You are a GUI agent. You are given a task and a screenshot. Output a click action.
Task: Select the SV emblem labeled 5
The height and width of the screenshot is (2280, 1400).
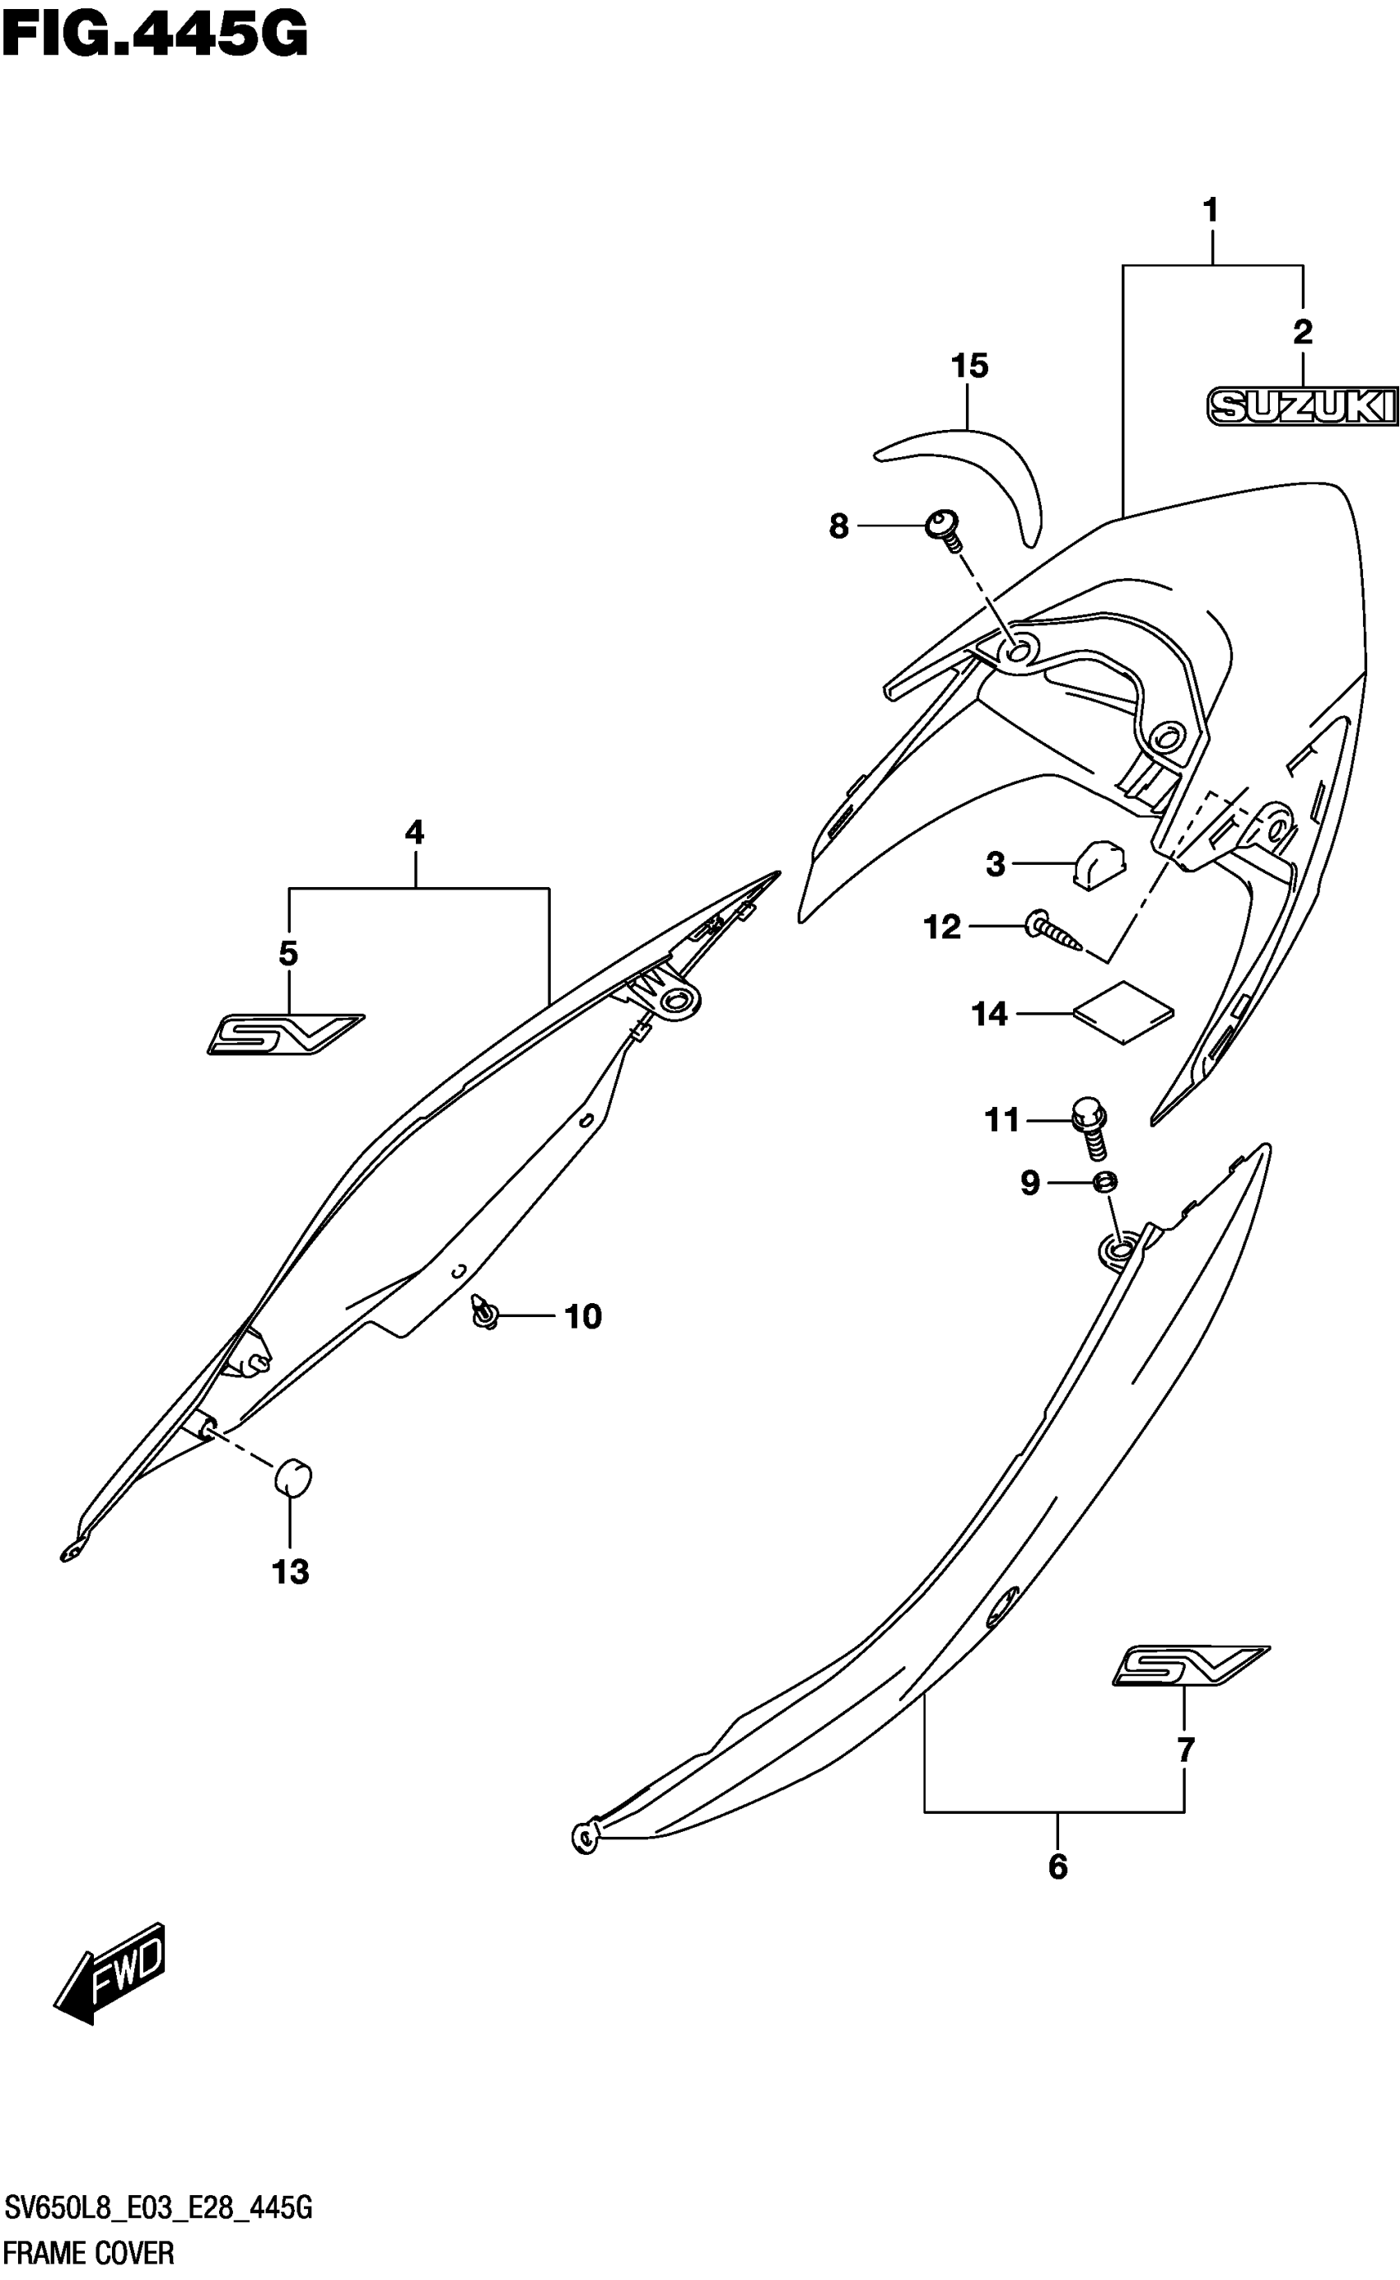284,1034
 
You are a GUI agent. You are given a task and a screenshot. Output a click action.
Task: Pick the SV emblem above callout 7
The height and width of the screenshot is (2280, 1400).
1190,1665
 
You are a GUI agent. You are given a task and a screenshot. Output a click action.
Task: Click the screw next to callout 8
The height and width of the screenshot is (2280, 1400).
945,529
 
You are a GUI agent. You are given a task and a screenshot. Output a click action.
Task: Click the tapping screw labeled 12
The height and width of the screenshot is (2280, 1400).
1055,931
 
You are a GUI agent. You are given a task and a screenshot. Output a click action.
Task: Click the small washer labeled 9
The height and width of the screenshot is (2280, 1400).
1104,1182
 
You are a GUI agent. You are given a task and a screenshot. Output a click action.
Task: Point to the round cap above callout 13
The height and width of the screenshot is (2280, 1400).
292,1476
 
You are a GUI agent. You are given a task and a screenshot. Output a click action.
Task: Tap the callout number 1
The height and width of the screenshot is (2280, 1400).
1211,211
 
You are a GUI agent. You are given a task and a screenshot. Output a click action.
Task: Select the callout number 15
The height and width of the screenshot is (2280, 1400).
969,366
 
